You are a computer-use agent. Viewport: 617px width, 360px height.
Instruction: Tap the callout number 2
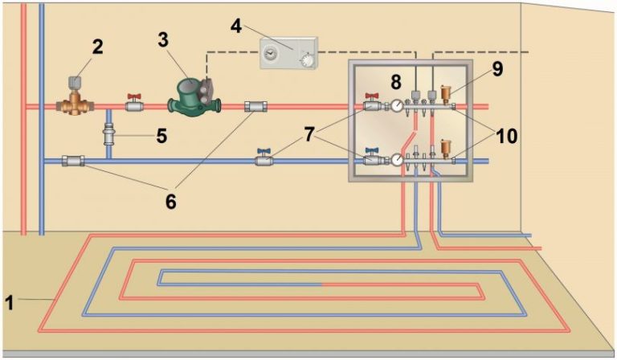(98, 47)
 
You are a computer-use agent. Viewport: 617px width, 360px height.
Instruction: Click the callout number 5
(161, 136)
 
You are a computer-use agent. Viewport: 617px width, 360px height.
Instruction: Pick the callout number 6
(170, 201)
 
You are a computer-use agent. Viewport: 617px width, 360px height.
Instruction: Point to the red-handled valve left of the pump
(135, 104)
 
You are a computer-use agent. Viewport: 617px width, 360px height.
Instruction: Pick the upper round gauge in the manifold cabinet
(396, 104)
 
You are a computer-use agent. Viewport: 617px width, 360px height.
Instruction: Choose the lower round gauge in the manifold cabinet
(398, 160)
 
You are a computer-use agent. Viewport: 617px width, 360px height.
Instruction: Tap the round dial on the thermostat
(305, 59)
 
